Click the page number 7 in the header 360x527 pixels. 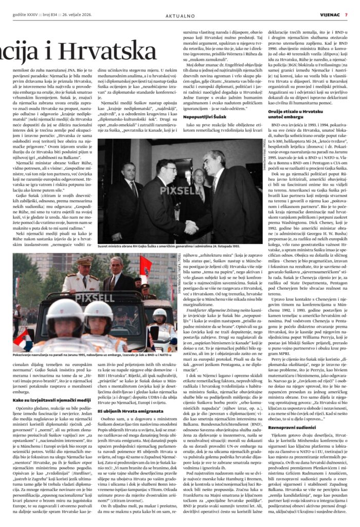point(346,15)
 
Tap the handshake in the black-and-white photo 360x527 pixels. point(192,225)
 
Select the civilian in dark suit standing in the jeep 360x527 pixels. point(114,275)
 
